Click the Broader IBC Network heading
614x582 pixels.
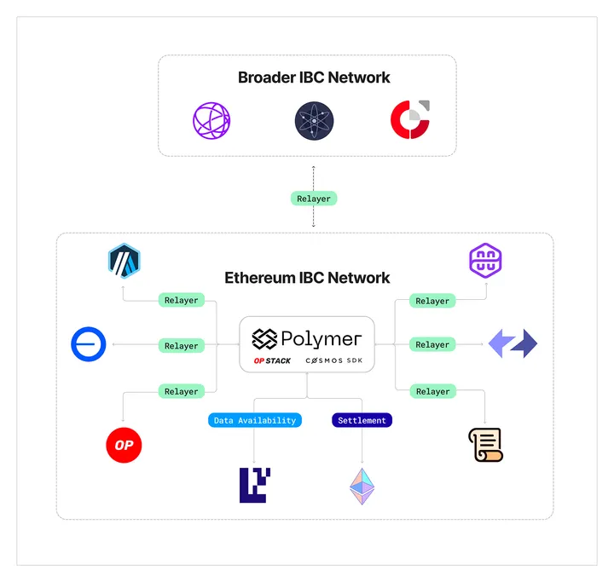coord(314,78)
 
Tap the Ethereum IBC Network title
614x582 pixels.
coord(307,278)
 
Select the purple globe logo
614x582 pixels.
coord(211,120)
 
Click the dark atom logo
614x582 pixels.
coord(315,120)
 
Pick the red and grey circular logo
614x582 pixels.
coord(410,119)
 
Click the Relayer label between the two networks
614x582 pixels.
coord(314,199)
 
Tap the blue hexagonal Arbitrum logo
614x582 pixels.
coord(124,260)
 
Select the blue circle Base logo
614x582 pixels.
coord(89,345)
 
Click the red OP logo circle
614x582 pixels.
coord(124,445)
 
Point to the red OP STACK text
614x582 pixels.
coord(272,361)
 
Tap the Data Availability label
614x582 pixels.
coord(255,420)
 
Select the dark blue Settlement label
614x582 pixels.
coord(362,420)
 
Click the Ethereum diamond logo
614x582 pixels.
coord(362,487)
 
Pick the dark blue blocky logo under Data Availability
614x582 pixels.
coord(255,485)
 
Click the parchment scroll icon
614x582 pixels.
coord(485,445)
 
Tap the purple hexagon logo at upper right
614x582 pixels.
coord(485,260)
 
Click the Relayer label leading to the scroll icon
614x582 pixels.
coord(432,392)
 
